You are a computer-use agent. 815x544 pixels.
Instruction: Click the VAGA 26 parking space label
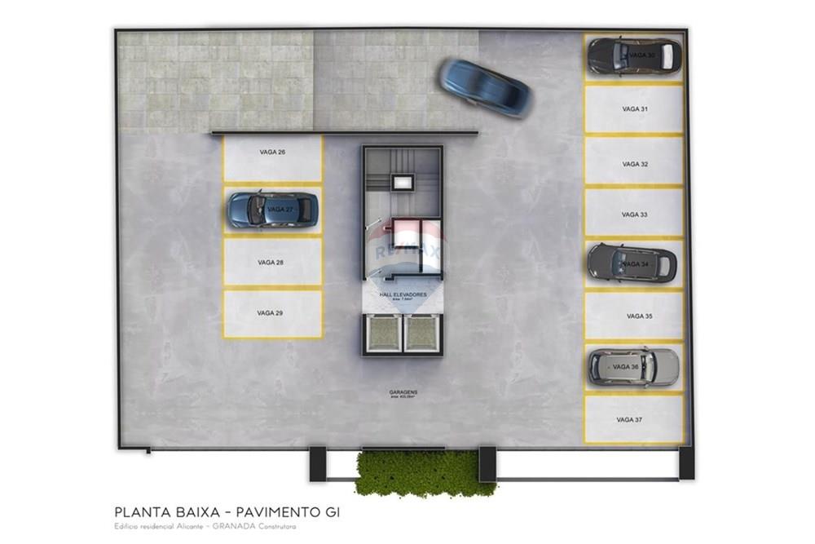click(x=272, y=153)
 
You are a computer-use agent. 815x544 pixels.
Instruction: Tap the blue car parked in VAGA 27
click(x=272, y=210)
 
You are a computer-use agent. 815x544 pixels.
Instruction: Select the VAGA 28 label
click(x=271, y=263)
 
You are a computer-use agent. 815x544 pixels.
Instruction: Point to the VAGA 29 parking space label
click(x=270, y=312)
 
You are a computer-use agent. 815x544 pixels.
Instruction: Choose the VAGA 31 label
click(x=635, y=108)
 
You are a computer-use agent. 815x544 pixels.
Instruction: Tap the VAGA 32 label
click(x=635, y=164)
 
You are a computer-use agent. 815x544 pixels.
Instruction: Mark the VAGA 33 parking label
click(x=634, y=215)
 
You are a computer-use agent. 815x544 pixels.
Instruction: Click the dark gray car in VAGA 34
click(x=632, y=263)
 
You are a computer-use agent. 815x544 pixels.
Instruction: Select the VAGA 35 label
click(x=640, y=316)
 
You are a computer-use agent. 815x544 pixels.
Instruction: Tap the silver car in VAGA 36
click(x=632, y=367)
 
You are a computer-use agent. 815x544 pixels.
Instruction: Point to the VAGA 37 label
click(x=629, y=420)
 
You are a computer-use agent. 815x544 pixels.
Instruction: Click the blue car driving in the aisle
click(x=485, y=87)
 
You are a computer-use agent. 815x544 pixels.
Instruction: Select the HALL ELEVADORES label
click(x=403, y=294)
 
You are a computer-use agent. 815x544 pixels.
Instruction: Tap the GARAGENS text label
click(x=403, y=392)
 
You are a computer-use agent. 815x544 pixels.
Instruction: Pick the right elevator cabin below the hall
click(x=422, y=333)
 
